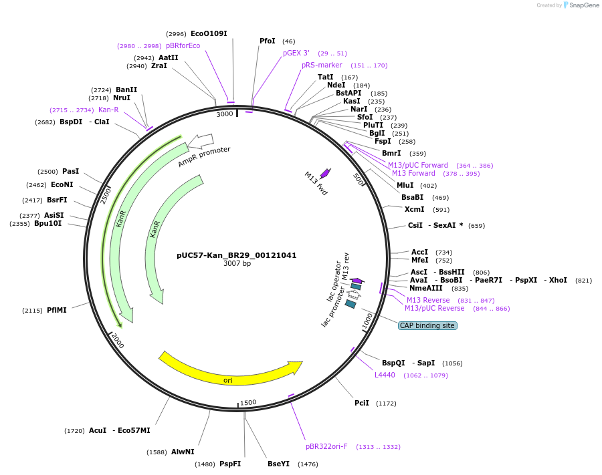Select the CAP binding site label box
click(427, 325)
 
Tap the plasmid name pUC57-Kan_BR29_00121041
click(236, 255)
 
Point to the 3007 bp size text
click(237, 264)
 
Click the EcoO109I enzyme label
click(209, 33)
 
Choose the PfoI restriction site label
click(268, 41)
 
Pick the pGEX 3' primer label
click(296, 53)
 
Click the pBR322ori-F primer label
click(326, 446)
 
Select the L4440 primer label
click(385, 375)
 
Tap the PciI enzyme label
click(361, 403)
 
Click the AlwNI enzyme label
click(183, 452)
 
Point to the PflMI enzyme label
click(57, 310)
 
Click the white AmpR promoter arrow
click(201, 141)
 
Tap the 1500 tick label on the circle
click(248, 402)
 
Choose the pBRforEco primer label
click(183, 45)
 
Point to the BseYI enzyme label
click(278, 464)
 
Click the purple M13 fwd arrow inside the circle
click(325, 173)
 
